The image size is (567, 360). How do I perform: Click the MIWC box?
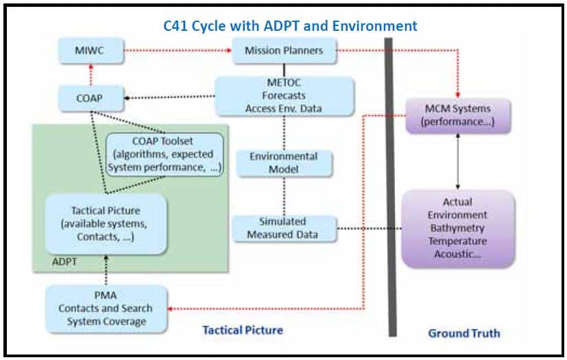click(x=91, y=51)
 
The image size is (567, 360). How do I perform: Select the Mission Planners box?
click(x=285, y=51)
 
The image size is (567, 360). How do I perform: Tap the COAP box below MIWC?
click(x=91, y=98)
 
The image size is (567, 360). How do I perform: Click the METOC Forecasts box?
click(x=285, y=96)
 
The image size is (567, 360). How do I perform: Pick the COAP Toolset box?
click(x=165, y=154)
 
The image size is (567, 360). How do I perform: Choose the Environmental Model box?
click(x=285, y=163)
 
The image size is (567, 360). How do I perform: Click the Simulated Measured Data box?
click(x=285, y=228)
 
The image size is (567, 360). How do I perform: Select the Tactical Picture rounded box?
click(x=106, y=224)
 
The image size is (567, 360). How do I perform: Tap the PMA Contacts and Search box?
click(x=106, y=309)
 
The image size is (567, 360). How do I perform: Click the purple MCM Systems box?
click(x=458, y=115)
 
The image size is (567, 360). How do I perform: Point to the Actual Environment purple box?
click(x=458, y=228)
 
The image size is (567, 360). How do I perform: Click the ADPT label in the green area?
click(x=64, y=261)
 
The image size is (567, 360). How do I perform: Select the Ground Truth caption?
click(x=464, y=333)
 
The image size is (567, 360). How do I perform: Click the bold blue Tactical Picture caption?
click(x=243, y=330)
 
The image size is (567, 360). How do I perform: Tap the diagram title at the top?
click(x=290, y=25)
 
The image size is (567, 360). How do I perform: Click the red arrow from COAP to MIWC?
click(x=91, y=75)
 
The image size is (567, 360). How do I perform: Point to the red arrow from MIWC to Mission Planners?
click(x=178, y=50)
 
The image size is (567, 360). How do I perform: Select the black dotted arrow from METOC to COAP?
click(x=169, y=97)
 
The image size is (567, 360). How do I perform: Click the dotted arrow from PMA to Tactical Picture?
click(x=106, y=270)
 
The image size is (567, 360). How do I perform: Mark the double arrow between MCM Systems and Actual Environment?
click(x=458, y=161)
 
